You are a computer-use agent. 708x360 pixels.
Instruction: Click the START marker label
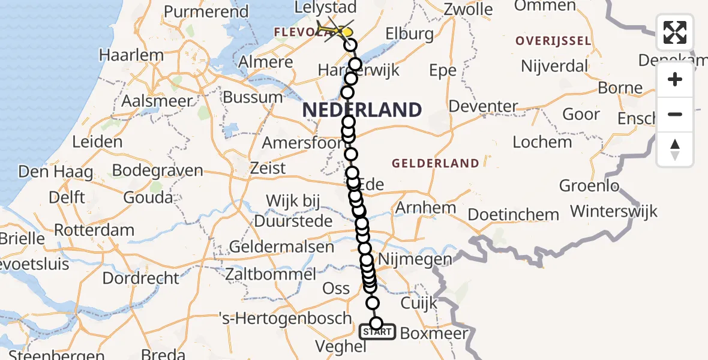[x=377, y=332]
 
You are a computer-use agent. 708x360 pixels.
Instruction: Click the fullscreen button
[x=675, y=32]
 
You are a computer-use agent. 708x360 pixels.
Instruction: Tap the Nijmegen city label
[x=424, y=260]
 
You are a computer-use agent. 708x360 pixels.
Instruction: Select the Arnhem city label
[x=425, y=208]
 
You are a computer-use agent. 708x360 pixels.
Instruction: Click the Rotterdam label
[x=94, y=230]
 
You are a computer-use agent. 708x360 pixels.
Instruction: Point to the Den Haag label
[x=56, y=172]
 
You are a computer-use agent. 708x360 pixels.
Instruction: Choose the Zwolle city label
[x=469, y=10]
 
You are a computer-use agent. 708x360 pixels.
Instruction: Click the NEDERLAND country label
[x=362, y=110]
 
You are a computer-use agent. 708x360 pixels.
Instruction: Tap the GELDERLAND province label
[x=436, y=163]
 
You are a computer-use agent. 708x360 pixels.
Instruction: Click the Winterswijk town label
[x=614, y=211]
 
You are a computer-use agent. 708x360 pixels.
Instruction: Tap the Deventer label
[x=483, y=107]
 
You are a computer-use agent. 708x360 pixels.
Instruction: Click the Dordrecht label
[x=140, y=278]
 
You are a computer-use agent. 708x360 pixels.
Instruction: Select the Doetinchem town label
[x=513, y=214]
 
